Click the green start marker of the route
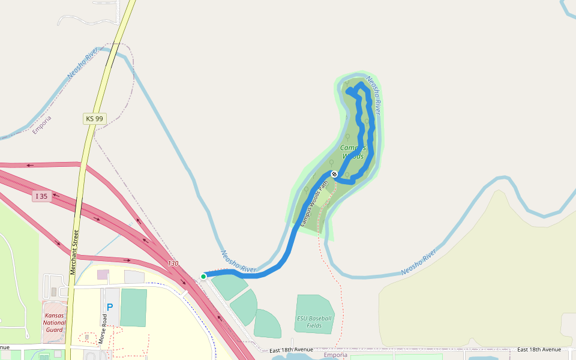pos(203,276)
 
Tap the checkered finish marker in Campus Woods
pos(334,174)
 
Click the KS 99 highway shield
pos(94,119)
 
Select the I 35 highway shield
pos(41,196)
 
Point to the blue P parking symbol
pos(110,307)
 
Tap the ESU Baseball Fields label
pos(314,322)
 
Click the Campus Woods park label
pos(352,152)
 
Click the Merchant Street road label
pos(74,252)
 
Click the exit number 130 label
pos(173,263)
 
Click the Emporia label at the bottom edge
pos(335,355)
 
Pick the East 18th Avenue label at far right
pos(539,349)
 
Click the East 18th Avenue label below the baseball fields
pos(292,350)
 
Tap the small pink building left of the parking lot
pos(103,274)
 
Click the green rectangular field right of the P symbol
pos(133,308)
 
